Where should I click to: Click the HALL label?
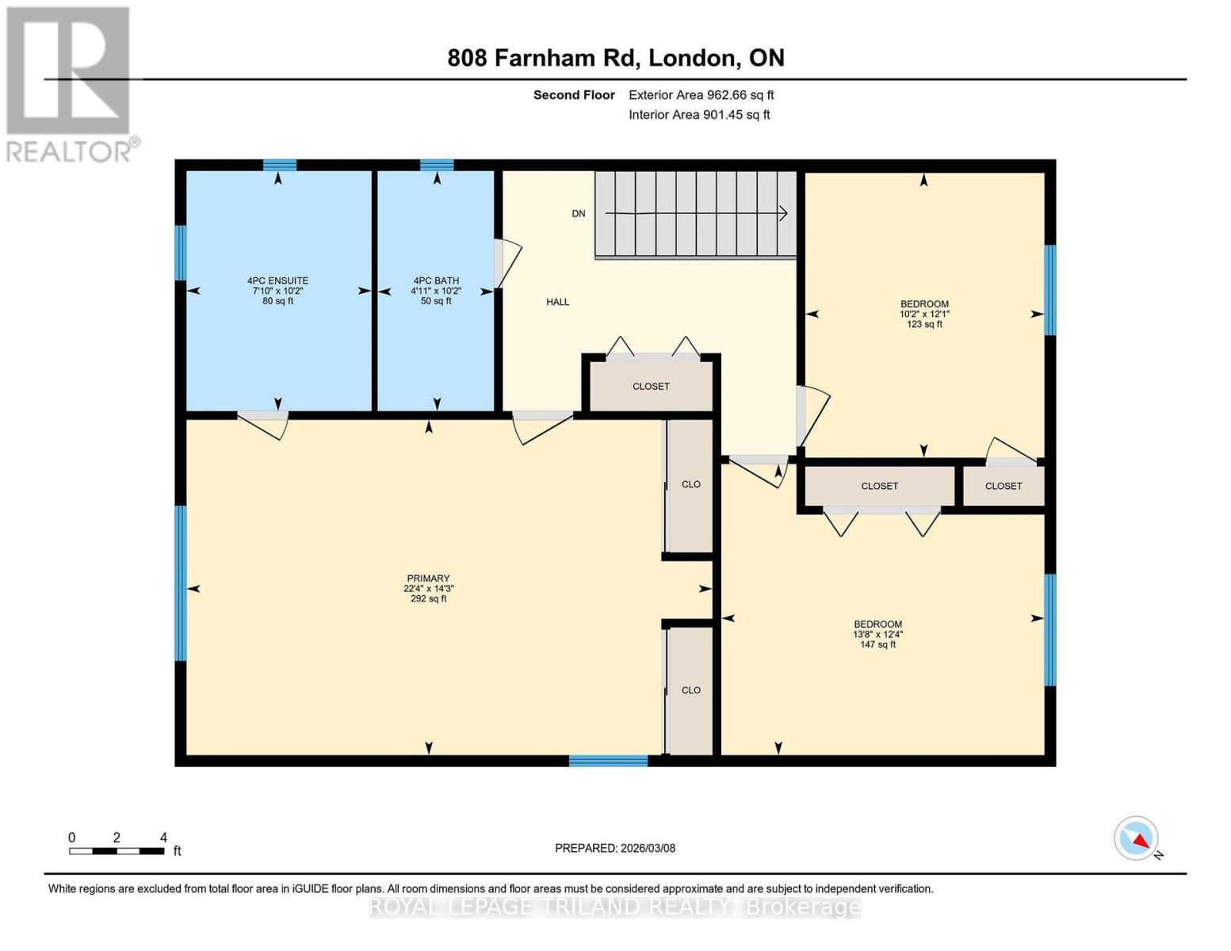[x=557, y=302]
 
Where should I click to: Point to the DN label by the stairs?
[x=579, y=214]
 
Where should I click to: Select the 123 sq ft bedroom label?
[x=924, y=314]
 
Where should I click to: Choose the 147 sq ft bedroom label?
[x=877, y=634]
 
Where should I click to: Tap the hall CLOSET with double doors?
[x=651, y=387]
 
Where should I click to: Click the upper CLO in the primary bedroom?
[x=690, y=484]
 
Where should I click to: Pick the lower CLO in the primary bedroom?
[x=690, y=690]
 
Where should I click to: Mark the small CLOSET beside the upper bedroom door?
[x=1004, y=486]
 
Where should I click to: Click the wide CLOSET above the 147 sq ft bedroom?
[x=879, y=486]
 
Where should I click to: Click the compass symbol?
[x=1137, y=838]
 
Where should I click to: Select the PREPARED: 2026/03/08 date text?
[x=615, y=848]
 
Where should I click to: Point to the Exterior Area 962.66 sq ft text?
[x=701, y=95]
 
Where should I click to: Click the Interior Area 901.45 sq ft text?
[x=699, y=115]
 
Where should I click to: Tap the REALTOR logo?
[x=70, y=83]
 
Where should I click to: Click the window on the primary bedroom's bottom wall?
[x=608, y=761]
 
